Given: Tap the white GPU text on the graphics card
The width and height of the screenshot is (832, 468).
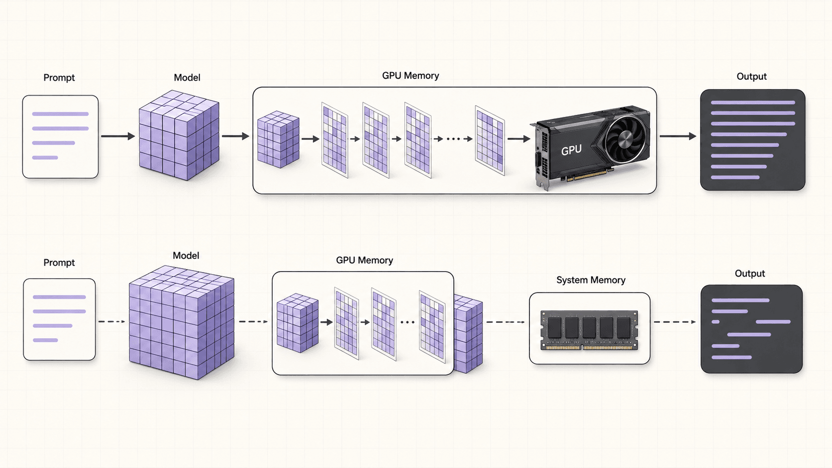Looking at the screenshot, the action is click(571, 150).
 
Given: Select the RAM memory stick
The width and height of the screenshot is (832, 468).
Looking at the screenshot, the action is click(590, 330).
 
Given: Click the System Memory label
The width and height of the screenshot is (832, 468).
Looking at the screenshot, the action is click(591, 280).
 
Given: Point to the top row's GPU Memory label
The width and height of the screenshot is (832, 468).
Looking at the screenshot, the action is click(411, 76).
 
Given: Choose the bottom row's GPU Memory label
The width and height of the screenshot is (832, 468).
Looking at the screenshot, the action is click(364, 260).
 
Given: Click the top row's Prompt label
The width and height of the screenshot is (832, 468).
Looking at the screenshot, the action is click(59, 78).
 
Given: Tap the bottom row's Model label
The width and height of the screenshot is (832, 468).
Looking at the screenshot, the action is click(186, 255).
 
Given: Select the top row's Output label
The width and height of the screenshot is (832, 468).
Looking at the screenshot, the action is click(751, 77).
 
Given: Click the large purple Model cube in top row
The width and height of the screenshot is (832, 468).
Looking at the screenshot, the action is click(179, 135).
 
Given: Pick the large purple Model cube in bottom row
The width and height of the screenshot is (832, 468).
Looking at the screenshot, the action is click(182, 322).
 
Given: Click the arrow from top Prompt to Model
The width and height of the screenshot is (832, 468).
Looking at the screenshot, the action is click(118, 136).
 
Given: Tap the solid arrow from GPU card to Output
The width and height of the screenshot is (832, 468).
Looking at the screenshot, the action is click(678, 136).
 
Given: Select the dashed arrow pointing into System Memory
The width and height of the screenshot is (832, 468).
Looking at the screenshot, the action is click(506, 322).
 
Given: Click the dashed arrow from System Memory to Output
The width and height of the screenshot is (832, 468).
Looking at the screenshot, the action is click(675, 322).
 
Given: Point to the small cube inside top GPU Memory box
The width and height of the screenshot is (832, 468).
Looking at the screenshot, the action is click(278, 139).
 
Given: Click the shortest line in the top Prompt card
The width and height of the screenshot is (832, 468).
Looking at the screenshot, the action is click(45, 158).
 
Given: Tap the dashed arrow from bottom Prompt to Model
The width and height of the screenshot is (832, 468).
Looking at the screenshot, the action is click(112, 321).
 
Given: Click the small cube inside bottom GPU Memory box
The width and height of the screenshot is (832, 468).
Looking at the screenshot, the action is click(298, 323).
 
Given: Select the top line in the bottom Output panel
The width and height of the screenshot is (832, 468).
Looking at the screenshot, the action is click(740, 300).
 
